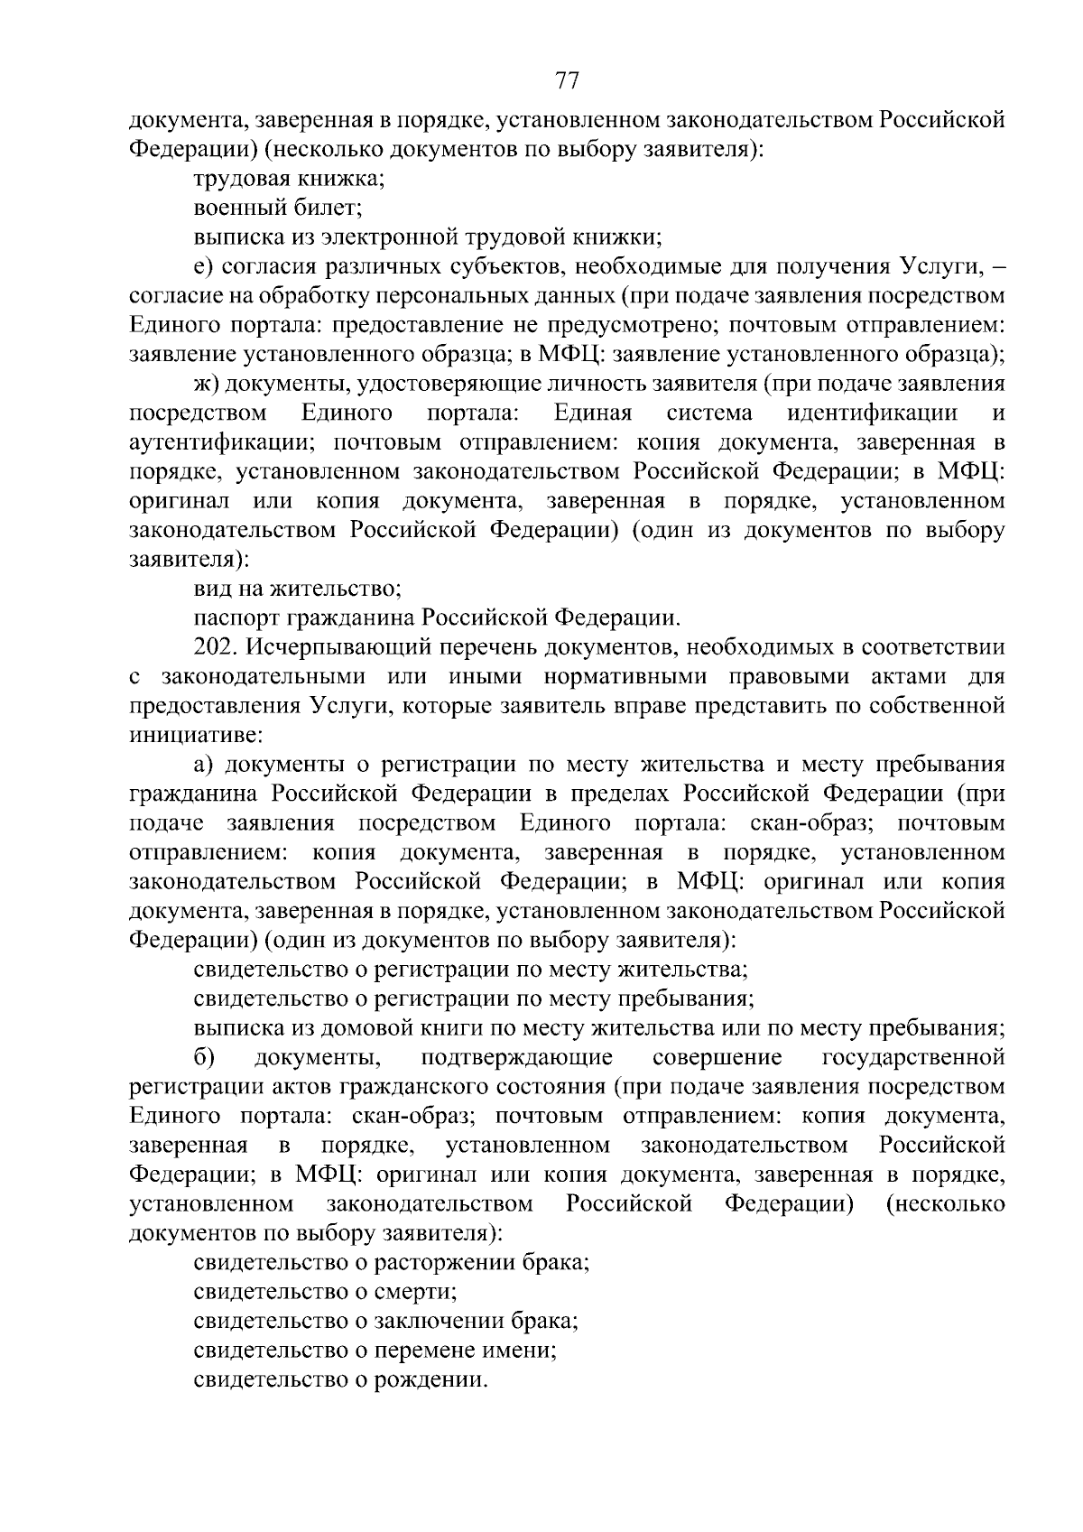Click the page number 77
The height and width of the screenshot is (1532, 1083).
click(566, 81)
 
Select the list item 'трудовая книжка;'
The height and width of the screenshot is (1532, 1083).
click(289, 179)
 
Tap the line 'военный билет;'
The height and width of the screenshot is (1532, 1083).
click(278, 209)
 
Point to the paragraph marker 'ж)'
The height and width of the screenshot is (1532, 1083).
click(207, 385)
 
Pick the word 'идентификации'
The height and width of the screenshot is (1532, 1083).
click(872, 413)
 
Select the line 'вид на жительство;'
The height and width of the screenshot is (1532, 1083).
click(297, 590)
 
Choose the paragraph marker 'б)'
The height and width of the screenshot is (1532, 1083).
click(203, 1057)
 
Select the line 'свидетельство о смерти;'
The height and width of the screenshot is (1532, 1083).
click(325, 1292)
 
